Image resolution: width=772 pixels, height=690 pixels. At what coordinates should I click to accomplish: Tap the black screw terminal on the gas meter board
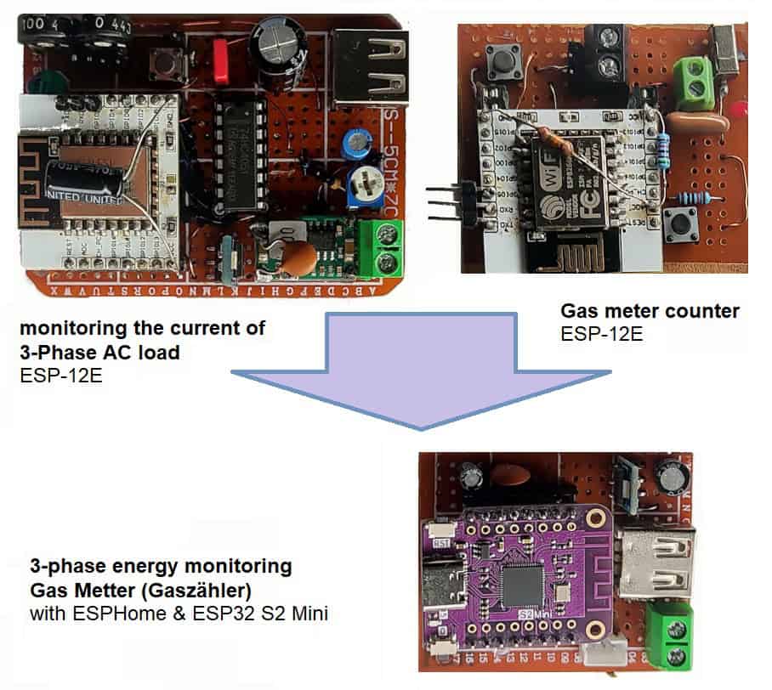pyautogui.click(x=605, y=50)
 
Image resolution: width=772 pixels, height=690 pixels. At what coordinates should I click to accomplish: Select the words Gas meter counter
pyautogui.click(x=650, y=311)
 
